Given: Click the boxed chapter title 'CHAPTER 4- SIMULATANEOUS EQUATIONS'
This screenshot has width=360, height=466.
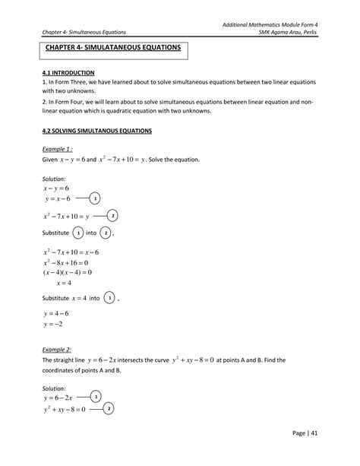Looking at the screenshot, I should pyautogui.click(x=112, y=48).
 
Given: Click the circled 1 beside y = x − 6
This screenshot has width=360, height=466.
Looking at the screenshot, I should pyautogui.click(x=94, y=198).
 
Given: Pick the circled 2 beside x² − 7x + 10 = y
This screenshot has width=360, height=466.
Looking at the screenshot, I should pyautogui.click(x=113, y=215).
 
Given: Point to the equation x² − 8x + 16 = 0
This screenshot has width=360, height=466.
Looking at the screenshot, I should pyautogui.click(x=68, y=261).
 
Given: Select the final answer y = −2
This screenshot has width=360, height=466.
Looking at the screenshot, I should pyautogui.click(x=58, y=324).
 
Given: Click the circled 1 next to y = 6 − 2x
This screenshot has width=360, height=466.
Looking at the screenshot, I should pyautogui.click(x=94, y=397).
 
